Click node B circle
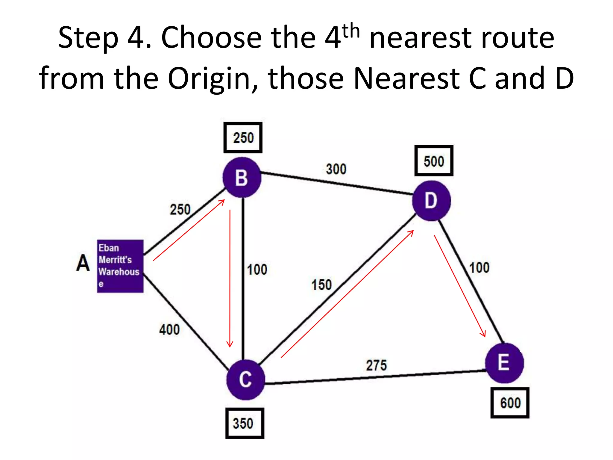(x=242, y=178)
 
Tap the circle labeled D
(x=431, y=201)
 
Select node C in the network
(x=245, y=379)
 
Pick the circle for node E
(x=504, y=363)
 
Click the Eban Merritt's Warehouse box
(x=120, y=266)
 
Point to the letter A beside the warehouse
(x=83, y=263)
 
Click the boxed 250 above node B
(x=243, y=138)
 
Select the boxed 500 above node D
(x=434, y=161)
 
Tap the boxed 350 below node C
(x=245, y=423)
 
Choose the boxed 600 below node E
(x=510, y=403)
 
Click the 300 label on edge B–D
(x=336, y=169)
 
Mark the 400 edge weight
(x=169, y=330)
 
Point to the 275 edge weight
(x=376, y=365)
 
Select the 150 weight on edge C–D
(x=321, y=285)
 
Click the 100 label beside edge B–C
(x=257, y=270)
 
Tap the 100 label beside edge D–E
(x=479, y=268)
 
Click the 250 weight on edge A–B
(x=180, y=209)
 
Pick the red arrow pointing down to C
(x=230, y=279)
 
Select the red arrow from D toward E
(x=460, y=286)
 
